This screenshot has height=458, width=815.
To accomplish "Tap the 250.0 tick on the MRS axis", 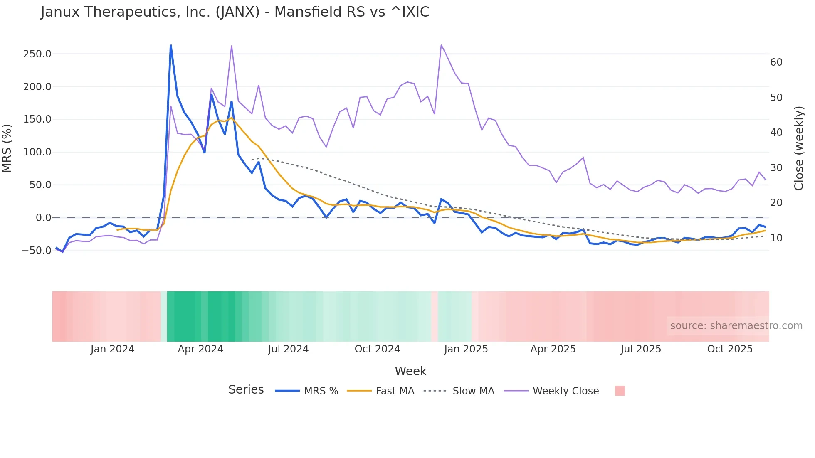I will tap(37, 54).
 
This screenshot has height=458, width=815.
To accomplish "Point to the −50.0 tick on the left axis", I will tap(37, 251).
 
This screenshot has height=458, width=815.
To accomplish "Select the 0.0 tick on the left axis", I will tap(43, 218).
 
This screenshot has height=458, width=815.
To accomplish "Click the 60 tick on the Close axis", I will tap(776, 62).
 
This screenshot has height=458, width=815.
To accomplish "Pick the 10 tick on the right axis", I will tap(776, 238).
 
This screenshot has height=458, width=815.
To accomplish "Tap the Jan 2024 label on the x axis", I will tap(112, 349).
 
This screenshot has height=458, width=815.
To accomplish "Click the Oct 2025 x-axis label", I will tap(730, 349).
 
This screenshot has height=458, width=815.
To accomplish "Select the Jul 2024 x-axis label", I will tap(288, 349).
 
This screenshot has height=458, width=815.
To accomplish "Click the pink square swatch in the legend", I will tap(620, 391).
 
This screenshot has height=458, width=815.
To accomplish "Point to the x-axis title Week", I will tap(410, 371).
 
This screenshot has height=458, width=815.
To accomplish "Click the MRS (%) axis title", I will tap(7, 148).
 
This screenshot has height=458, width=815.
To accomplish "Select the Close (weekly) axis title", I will tap(798, 148).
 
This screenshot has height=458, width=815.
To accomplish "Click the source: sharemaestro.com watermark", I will tap(736, 326).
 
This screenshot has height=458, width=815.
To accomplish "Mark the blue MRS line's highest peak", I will tap(171, 45).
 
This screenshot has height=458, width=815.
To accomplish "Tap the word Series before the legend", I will tap(246, 390).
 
